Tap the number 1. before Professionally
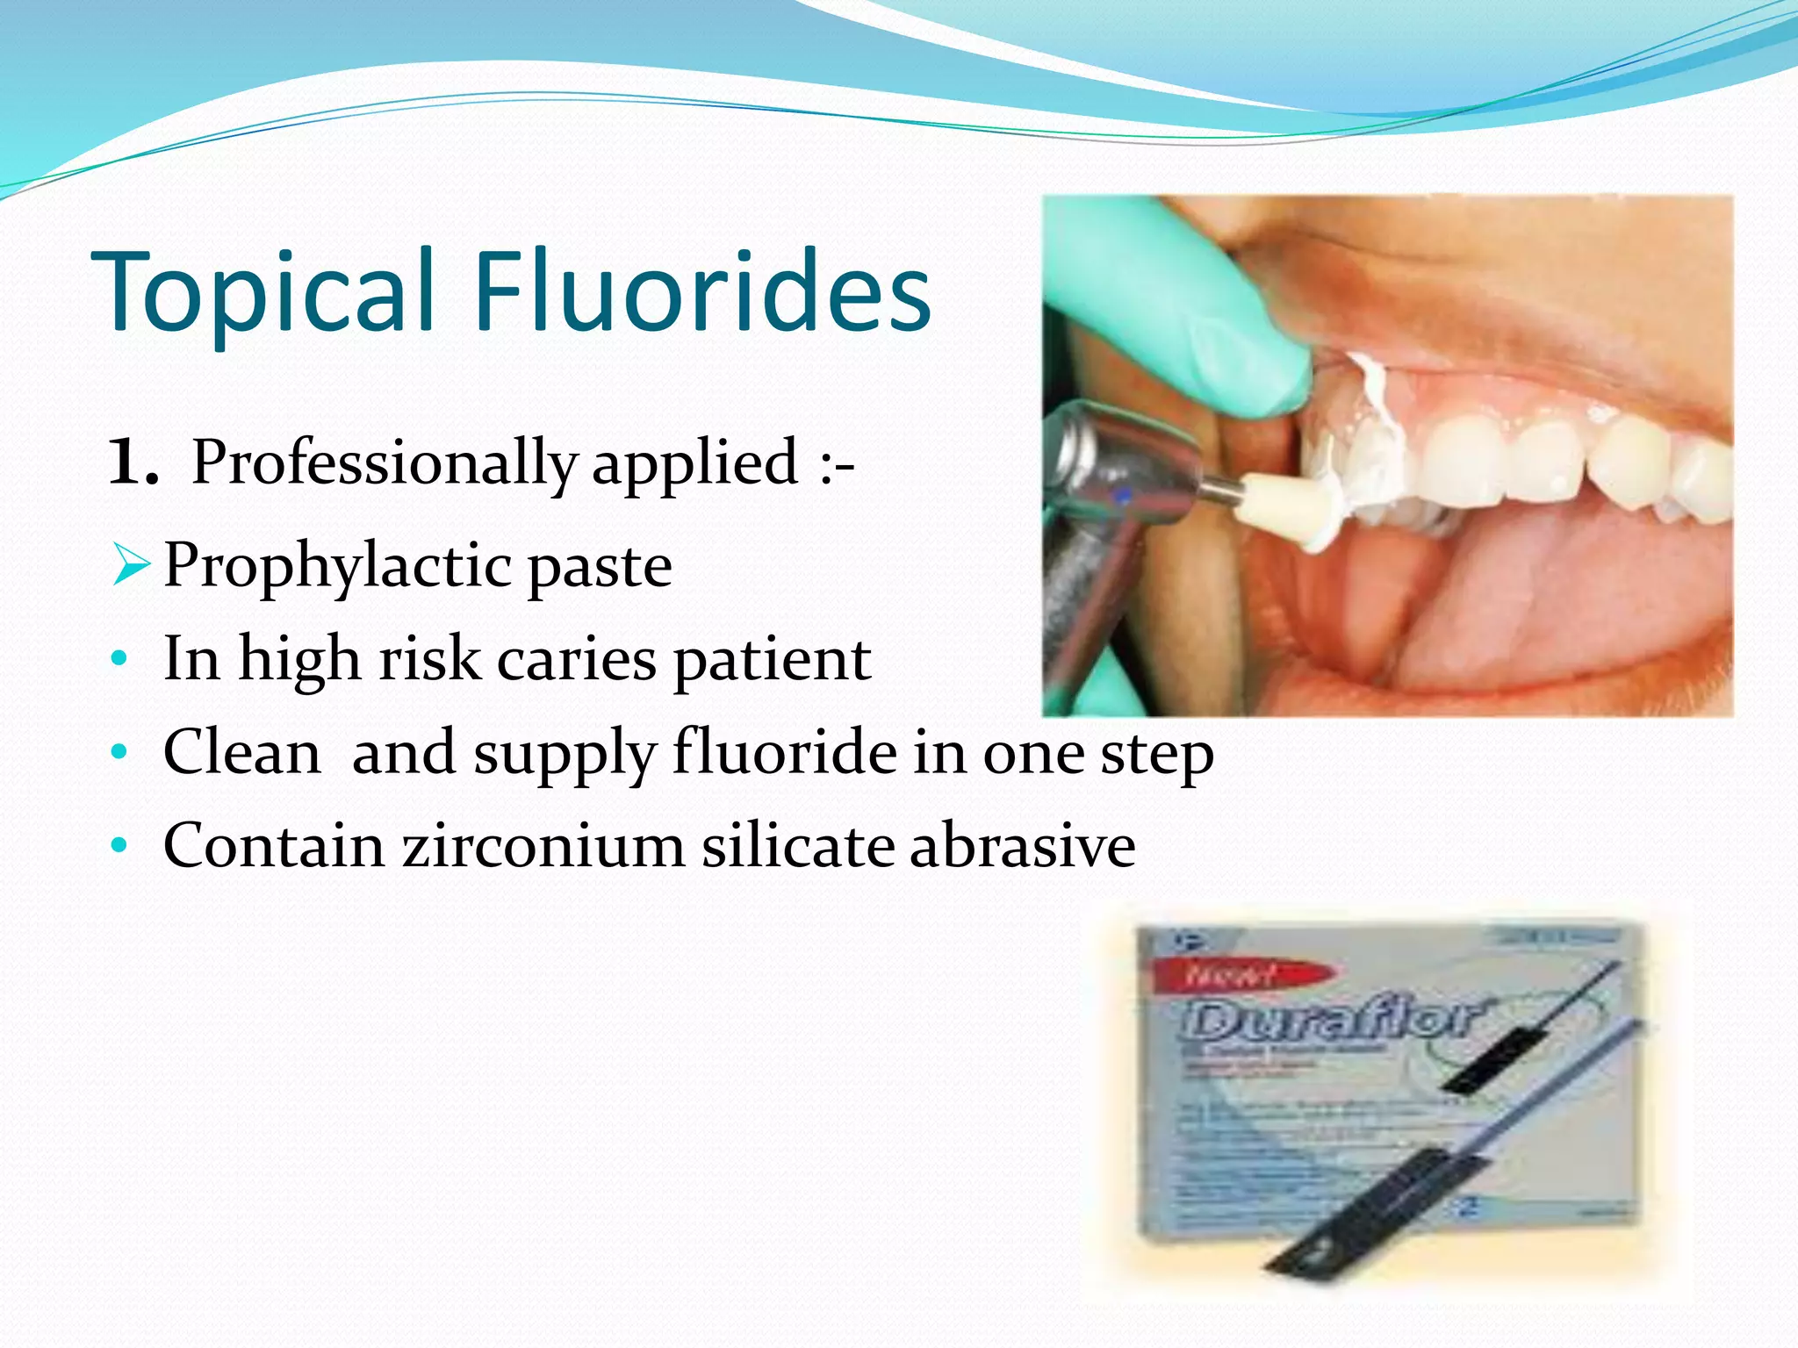(x=133, y=462)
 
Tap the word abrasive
(x=1022, y=847)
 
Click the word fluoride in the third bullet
(x=783, y=753)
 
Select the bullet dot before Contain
(x=120, y=846)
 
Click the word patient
(x=772, y=660)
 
